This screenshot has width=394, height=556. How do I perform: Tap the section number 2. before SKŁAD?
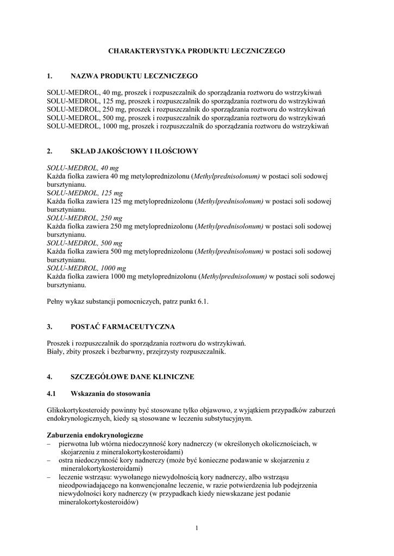point(49,150)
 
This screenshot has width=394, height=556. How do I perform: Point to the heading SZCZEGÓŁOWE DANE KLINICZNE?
point(132,376)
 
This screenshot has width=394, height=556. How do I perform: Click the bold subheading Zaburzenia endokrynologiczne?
point(95,435)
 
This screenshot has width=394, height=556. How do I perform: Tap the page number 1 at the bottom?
point(197,528)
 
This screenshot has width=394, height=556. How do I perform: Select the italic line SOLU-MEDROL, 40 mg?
point(83,168)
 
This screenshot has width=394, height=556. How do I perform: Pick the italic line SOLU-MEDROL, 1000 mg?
point(86,268)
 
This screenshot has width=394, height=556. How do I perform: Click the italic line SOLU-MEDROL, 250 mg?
point(85,218)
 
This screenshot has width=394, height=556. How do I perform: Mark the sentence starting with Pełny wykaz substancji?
point(128,301)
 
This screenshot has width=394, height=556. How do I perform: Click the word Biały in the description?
point(55,351)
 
